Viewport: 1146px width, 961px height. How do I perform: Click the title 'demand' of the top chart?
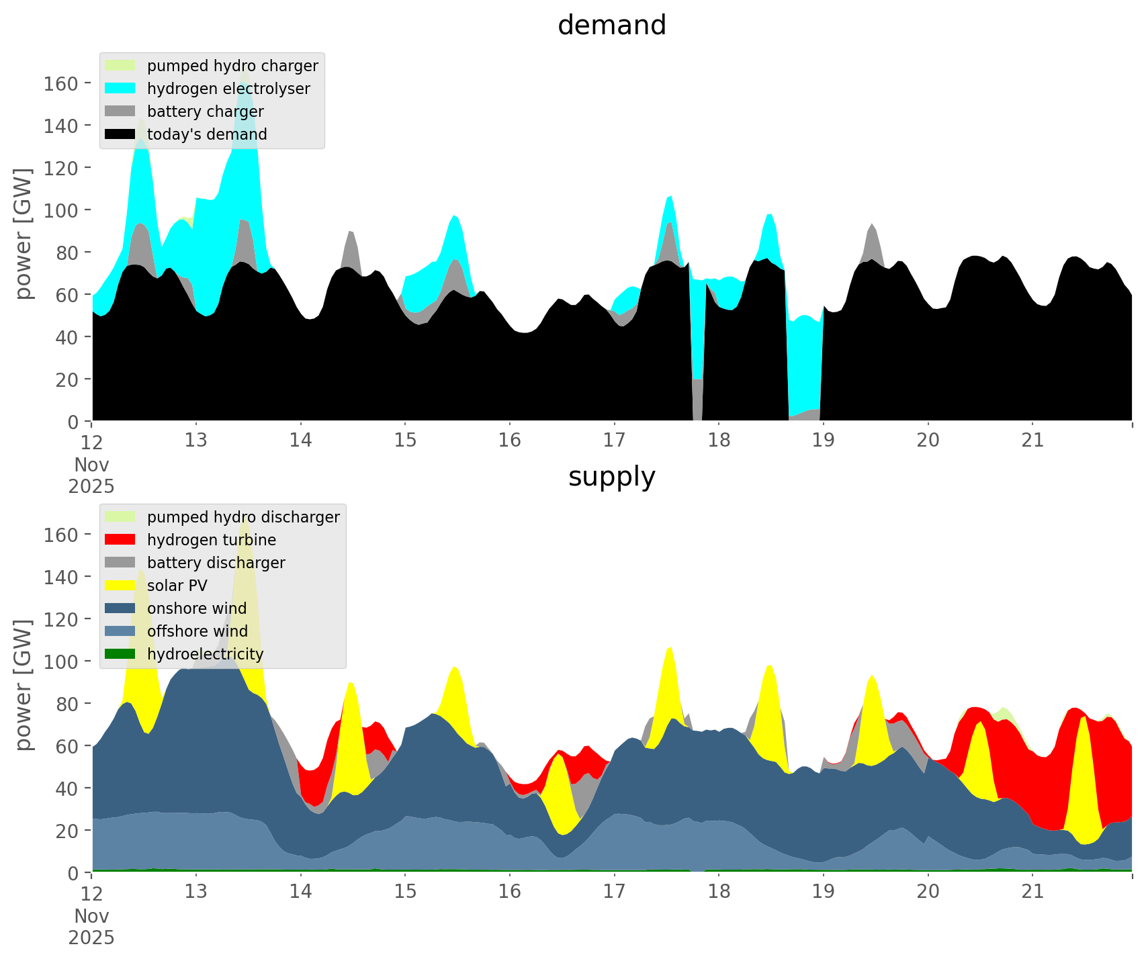[611, 26]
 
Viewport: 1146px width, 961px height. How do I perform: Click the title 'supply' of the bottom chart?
[611, 477]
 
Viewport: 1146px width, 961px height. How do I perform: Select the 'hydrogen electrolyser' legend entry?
[228, 89]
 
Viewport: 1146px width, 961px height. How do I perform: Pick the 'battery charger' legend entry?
[205, 111]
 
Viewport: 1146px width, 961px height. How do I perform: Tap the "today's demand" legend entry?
[207, 134]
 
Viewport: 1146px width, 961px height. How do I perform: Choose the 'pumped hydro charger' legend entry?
[232, 66]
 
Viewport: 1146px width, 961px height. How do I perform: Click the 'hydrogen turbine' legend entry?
[211, 540]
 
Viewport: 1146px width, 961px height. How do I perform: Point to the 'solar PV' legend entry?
[177, 586]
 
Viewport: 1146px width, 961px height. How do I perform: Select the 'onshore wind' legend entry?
[196, 608]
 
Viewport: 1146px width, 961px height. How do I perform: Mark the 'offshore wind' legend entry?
[197, 631]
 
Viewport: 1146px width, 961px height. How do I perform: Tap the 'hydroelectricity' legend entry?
[205, 654]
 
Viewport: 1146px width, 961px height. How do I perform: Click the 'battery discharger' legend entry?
[216, 563]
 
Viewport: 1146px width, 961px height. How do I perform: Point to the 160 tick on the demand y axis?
[60, 83]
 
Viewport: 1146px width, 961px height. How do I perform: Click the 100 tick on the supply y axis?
[60, 661]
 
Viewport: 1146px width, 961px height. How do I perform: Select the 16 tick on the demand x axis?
[510, 441]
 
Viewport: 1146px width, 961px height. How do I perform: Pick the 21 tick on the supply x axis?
[1032, 892]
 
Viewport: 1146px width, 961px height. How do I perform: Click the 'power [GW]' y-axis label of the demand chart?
[24, 234]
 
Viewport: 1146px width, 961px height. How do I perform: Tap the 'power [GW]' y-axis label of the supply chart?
[24, 685]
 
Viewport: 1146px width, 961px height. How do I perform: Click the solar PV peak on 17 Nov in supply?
[670, 655]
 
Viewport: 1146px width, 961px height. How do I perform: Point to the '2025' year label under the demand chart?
[91, 486]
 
